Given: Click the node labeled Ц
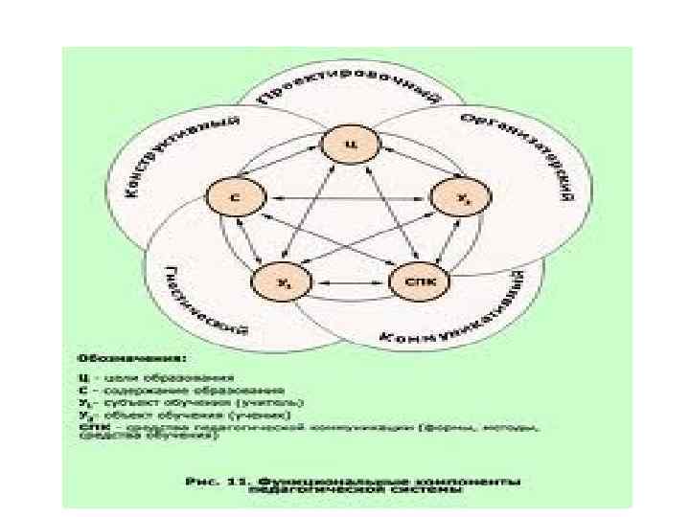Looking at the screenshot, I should pos(351,146).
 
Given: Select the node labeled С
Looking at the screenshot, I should pos(233,198).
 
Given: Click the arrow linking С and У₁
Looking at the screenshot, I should pos(251,242).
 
